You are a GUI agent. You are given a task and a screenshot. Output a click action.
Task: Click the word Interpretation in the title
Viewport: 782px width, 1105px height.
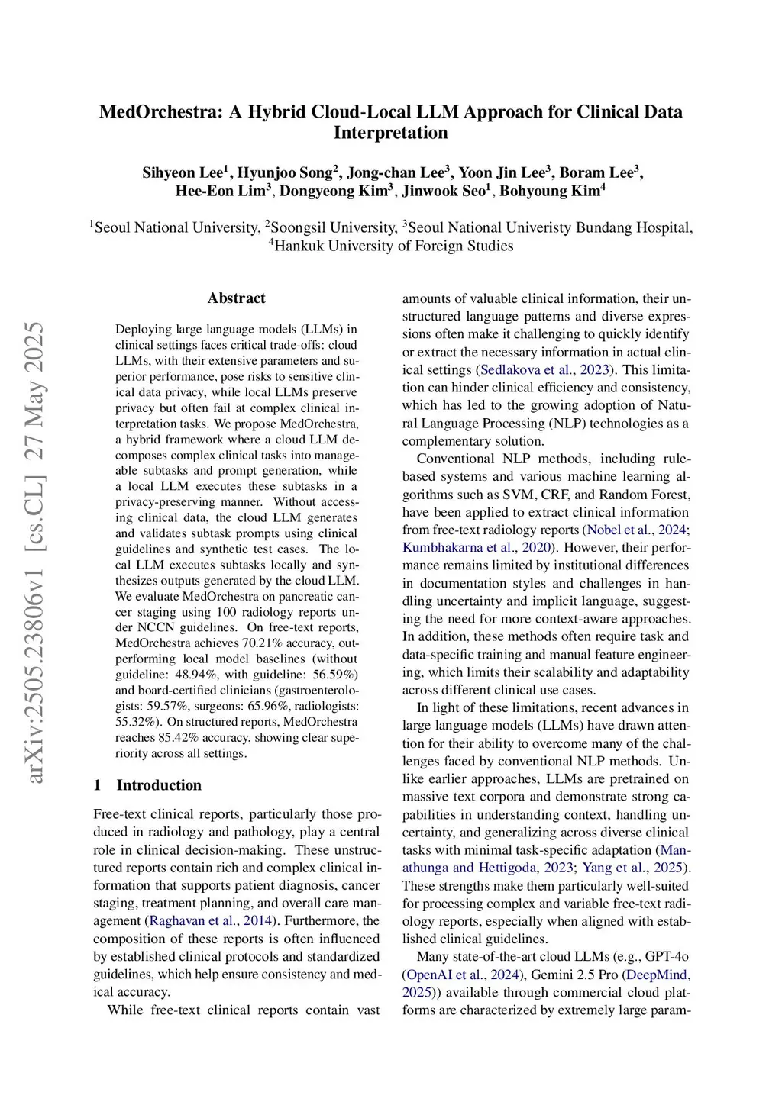(390, 133)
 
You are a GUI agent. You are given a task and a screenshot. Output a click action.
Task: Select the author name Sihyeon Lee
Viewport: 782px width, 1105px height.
(183, 172)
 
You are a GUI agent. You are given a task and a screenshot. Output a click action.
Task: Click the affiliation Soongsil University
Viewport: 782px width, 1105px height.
(333, 227)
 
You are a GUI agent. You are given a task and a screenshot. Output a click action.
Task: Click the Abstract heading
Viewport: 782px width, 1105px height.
(236, 298)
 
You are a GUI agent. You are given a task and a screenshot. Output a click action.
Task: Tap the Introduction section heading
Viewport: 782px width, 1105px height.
(159, 785)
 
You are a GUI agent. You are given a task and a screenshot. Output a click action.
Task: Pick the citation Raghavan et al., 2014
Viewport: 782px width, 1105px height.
(210, 921)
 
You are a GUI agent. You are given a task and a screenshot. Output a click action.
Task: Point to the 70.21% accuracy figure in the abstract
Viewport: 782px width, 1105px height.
(261, 643)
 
